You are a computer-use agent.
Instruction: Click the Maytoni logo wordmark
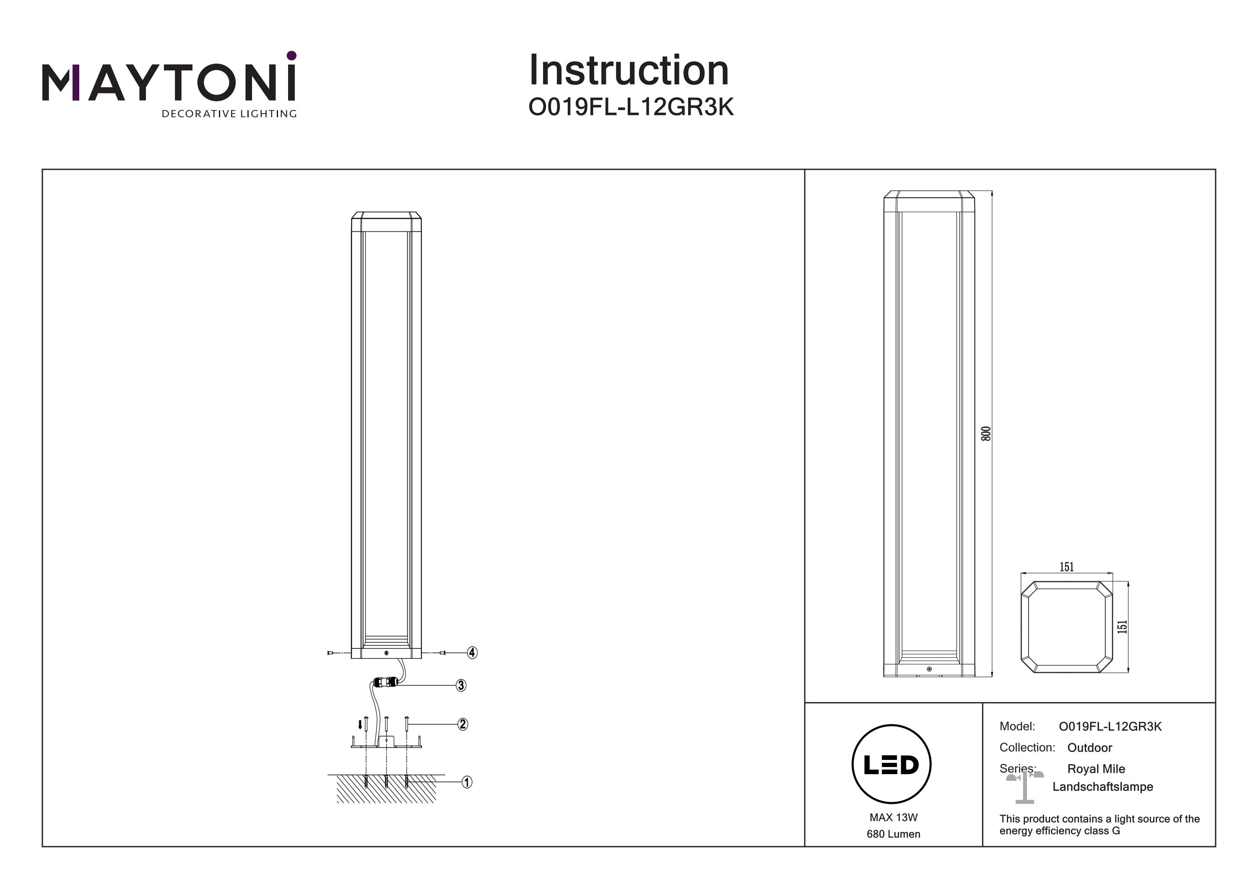click(x=169, y=83)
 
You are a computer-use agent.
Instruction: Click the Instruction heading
click(x=629, y=71)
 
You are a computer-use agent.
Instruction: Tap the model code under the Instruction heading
click(x=630, y=108)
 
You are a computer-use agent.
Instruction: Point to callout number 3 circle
click(x=461, y=685)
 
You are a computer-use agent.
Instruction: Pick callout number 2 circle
click(x=463, y=724)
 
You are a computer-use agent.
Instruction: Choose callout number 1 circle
click(x=467, y=782)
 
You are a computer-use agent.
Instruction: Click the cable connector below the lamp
click(x=386, y=682)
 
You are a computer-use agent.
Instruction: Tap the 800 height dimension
click(x=986, y=434)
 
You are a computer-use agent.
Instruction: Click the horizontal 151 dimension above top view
click(x=1066, y=568)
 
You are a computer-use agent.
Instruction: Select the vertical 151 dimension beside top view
click(x=1123, y=627)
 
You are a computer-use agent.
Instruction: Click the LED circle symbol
click(x=891, y=765)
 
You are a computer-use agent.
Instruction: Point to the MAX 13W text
click(x=893, y=818)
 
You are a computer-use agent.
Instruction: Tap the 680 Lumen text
click(x=893, y=834)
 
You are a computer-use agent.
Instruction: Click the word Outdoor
click(x=1089, y=748)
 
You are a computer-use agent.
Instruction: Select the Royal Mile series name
click(x=1096, y=769)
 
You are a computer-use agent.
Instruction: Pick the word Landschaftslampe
click(x=1102, y=787)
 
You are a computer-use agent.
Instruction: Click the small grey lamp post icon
click(x=1024, y=787)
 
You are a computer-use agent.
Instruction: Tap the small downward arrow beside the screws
click(x=360, y=725)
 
